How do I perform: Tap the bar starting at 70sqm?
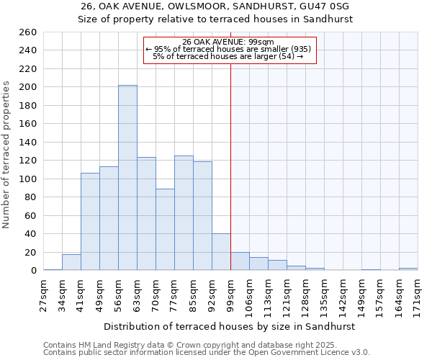coord(165,230)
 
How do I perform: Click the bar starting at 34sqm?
coord(71,263)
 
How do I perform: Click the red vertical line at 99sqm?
coord(230,166)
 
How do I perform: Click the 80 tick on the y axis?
coord(30,197)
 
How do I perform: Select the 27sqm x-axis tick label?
coord(43,294)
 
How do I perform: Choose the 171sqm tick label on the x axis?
coord(418,294)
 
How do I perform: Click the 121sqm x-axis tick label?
coord(287,294)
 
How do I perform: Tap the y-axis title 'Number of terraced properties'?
coord(7,154)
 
